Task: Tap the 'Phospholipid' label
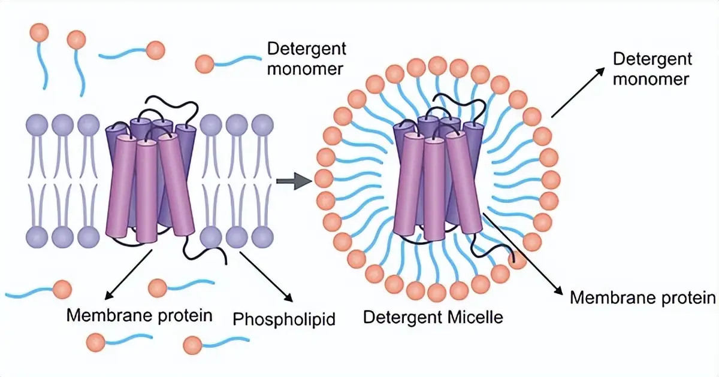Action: [x=283, y=318]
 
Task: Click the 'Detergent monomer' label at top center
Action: [x=306, y=59]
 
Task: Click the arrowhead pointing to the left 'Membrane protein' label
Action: [x=107, y=296]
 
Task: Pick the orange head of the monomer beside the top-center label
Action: [x=204, y=62]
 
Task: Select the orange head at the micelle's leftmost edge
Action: [x=324, y=178]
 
